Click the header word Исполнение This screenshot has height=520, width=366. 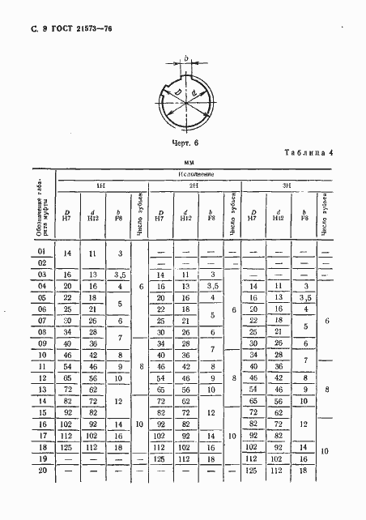click(195, 175)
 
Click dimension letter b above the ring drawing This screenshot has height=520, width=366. click(187, 59)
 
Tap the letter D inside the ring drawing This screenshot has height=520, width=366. click(177, 94)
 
